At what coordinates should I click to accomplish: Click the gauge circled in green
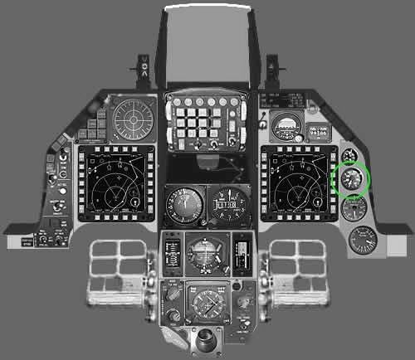[x=351, y=180]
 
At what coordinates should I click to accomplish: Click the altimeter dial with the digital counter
[x=225, y=203]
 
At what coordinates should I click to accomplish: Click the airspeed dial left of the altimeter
[x=181, y=203]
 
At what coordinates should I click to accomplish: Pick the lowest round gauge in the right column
[x=362, y=240]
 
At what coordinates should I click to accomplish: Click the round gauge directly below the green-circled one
[x=354, y=208]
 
